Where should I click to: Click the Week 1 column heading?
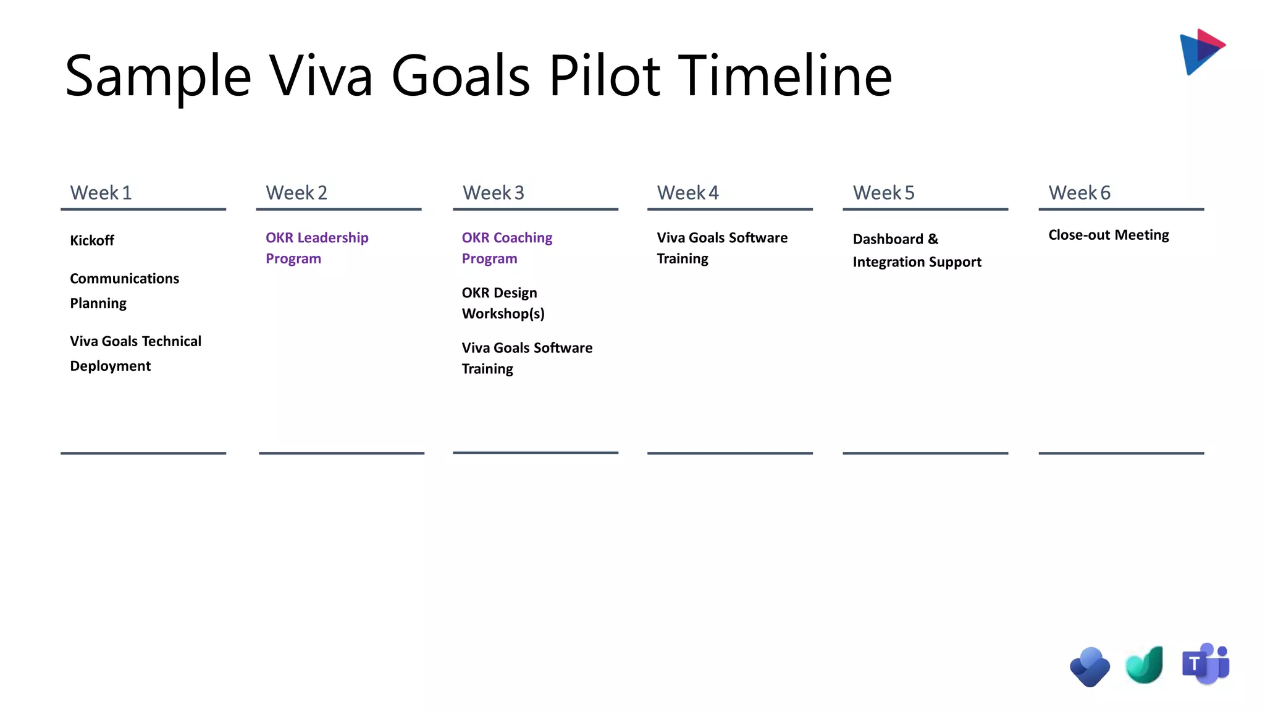[x=101, y=193]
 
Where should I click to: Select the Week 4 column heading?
[x=687, y=193]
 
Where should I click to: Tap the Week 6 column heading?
[x=1079, y=193]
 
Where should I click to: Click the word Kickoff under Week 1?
[x=92, y=240]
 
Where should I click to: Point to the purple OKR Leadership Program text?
[x=317, y=248]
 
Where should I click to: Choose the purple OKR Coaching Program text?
[x=506, y=248]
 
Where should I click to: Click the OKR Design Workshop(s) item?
[x=503, y=303]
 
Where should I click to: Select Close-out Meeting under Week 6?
[x=1108, y=235]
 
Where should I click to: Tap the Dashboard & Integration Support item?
[x=916, y=250]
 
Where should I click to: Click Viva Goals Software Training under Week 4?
[x=721, y=248]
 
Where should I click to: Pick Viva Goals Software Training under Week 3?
[x=526, y=358]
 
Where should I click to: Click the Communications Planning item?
[x=124, y=290]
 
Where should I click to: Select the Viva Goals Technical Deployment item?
[x=135, y=354]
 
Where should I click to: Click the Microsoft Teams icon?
[x=1205, y=664]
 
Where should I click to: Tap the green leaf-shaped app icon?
[x=1145, y=666]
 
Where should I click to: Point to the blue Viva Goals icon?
[x=1090, y=667]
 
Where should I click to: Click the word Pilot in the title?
[x=604, y=76]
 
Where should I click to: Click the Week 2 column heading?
[x=296, y=193]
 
